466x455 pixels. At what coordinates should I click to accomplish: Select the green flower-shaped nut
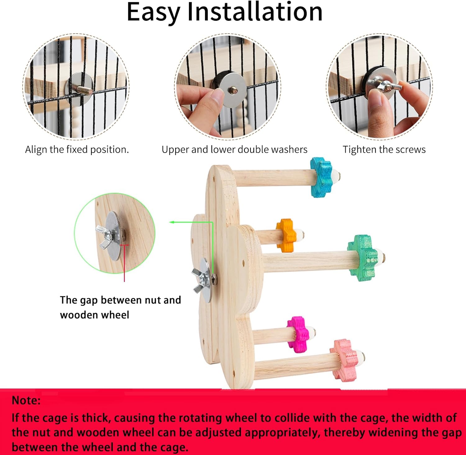[x=363, y=258]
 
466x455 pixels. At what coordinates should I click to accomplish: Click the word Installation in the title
[x=255, y=12]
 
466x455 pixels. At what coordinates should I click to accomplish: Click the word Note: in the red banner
[x=26, y=400]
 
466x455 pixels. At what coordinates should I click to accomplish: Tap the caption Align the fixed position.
[x=77, y=150]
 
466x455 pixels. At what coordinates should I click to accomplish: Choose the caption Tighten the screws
[x=384, y=150]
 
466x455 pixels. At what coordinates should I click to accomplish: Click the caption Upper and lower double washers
[x=234, y=150]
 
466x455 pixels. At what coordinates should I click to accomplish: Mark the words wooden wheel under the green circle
[x=94, y=315]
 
